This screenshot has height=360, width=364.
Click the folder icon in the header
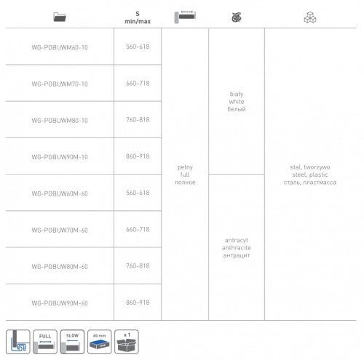click(x=60, y=17)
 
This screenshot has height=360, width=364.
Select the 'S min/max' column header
click(x=138, y=17)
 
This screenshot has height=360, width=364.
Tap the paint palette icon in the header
click(x=237, y=17)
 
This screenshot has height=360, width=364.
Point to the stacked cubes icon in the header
click(x=310, y=17)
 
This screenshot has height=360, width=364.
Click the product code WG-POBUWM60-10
click(x=60, y=47)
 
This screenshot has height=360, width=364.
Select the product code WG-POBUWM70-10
click(x=60, y=84)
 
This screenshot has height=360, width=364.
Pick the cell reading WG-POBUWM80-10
click(x=60, y=121)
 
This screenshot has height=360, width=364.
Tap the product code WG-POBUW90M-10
click(x=60, y=157)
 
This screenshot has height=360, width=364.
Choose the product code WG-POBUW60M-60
click(x=60, y=193)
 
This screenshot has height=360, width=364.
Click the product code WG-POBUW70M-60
click(x=60, y=230)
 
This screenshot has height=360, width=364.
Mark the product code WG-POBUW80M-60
click(x=60, y=267)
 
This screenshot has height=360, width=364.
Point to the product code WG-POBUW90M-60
click(x=60, y=303)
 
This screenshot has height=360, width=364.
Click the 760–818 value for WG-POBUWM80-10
click(x=138, y=120)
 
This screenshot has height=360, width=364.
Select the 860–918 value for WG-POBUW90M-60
click(x=138, y=303)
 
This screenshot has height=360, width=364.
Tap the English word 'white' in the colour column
click(x=237, y=102)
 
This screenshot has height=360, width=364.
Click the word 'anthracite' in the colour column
click(x=237, y=248)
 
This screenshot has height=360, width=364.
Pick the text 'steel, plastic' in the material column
click(x=310, y=175)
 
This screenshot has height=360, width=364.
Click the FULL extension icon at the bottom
click(x=45, y=342)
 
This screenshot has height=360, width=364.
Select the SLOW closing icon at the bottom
click(x=72, y=342)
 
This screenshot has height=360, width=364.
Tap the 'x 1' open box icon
click(x=127, y=342)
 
